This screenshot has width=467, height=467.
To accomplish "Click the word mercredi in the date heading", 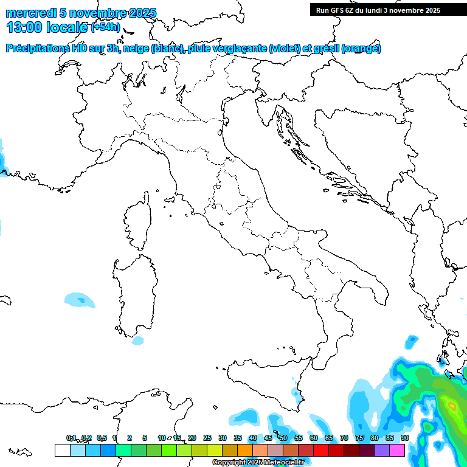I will (x=29, y=13).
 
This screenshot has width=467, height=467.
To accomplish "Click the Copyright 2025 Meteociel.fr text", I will (x=258, y=463).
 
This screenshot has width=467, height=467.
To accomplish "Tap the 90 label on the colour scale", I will (x=405, y=438).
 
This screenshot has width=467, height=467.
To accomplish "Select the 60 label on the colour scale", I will (x=314, y=438).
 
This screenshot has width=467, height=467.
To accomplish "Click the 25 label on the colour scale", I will (x=207, y=438).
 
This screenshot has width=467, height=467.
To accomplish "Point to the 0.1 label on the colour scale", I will (x=71, y=438).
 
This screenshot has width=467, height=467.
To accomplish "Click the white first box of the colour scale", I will (x=62, y=450).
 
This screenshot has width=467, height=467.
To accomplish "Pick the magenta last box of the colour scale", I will (x=397, y=450).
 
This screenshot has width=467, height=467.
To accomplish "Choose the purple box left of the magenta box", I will (x=382, y=450).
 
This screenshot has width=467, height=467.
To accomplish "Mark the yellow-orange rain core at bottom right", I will (x=451, y=405).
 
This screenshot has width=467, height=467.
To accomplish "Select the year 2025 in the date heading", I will (x=137, y=13).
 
